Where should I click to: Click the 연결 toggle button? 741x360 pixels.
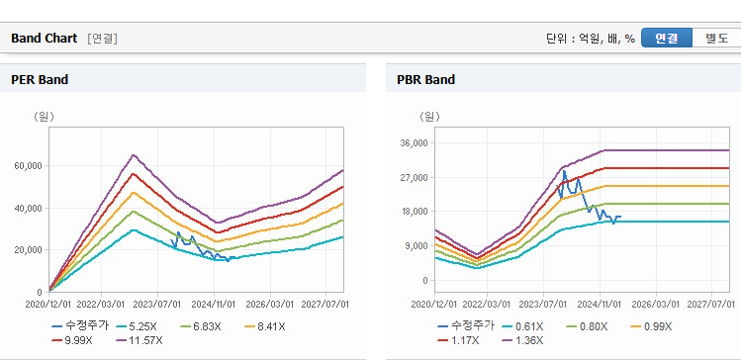[x=667, y=39]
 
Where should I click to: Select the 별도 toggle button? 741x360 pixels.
[x=717, y=39]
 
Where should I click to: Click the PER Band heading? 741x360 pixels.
[x=40, y=80]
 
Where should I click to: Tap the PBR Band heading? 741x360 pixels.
[x=426, y=80]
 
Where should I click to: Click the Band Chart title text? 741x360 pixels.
[x=44, y=39]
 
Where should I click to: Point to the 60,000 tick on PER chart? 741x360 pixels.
[x=30, y=166]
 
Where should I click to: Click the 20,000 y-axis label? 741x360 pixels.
[x=30, y=250]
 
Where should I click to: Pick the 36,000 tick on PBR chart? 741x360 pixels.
[x=415, y=143]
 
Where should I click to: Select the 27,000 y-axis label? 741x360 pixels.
[x=415, y=178]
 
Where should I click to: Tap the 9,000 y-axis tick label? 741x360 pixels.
[x=417, y=246]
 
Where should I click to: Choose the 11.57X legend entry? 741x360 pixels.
[x=139, y=340]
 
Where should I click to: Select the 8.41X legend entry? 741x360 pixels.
[x=265, y=326]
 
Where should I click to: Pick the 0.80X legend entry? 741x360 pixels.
[x=588, y=326]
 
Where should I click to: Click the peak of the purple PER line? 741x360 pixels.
[x=134, y=154]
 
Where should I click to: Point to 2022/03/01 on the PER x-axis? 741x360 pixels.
[x=101, y=304]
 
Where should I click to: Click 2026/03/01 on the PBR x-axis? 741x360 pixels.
[x=656, y=304]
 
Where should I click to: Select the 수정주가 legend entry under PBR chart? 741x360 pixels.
[x=466, y=326]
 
